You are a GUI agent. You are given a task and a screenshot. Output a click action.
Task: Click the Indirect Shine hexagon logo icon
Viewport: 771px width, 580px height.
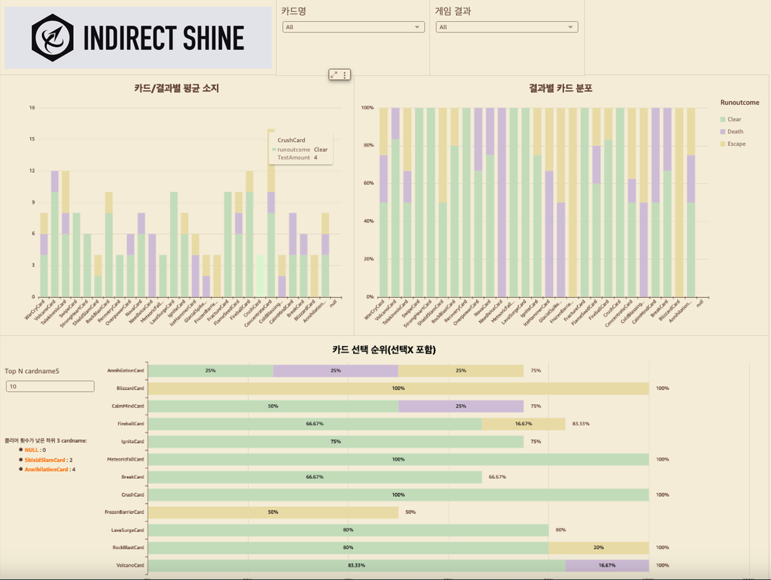pyautogui.click(x=53, y=38)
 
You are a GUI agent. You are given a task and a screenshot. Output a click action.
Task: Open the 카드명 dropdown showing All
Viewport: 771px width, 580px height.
pyautogui.click(x=354, y=27)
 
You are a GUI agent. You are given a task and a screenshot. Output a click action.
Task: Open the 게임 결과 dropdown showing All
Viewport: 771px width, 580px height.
pyautogui.click(x=507, y=27)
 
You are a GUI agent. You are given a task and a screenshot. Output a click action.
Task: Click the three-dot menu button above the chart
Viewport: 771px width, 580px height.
pyautogui.click(x=344, y=75)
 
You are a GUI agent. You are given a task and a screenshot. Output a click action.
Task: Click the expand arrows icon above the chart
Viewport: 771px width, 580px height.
pyautogui.click(x=334, y=75)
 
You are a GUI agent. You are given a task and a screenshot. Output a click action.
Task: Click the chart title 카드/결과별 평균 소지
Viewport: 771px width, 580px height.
pyautogui.click(x=176, y=89)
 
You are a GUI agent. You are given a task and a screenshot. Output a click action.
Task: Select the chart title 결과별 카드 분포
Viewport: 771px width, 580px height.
pyautogui.click(x=561, y=89)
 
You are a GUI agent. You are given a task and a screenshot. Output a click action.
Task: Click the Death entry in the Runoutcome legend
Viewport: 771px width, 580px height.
pyautogui.click(x=735, y=131)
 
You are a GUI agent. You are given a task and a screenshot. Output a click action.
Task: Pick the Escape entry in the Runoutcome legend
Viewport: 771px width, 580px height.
pyautogui.click(x=736, y=144)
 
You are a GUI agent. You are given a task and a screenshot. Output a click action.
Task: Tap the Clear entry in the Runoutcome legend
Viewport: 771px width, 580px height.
pyautogui.click(x=734, y=119)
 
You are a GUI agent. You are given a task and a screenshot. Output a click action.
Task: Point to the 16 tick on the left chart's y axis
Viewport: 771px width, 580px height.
pyautogui.click(x=32, y=108)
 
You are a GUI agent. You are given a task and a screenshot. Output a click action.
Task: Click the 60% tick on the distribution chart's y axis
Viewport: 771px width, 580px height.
pyautogui.click(x=368, y=183)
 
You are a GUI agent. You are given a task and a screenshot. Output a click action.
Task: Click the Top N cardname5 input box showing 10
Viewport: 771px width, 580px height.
pyautogui.click(x=50, y=387)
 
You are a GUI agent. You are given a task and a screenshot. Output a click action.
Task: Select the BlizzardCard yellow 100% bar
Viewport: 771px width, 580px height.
pyautogui.click(x=399, y=389)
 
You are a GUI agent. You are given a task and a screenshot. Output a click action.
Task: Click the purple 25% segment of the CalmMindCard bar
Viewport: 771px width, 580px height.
pyautogui.click(x=461, y=406)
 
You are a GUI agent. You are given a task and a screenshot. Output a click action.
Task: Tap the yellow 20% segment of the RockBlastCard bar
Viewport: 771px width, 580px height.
pyautogui.click(x=598, y=547)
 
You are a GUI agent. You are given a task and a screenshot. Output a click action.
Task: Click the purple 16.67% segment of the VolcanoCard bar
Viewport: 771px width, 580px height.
pyautogui.click(x=607, y=565)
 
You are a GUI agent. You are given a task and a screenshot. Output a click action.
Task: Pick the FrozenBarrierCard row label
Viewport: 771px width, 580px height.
pyautogui.click(x=124, y=512)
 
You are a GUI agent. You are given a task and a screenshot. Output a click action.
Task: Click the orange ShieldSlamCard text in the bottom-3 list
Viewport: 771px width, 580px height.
pyautogui.click(x=45, y=460)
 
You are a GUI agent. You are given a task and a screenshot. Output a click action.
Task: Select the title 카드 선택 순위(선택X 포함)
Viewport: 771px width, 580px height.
pyautogui.click(x=384, y=350)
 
